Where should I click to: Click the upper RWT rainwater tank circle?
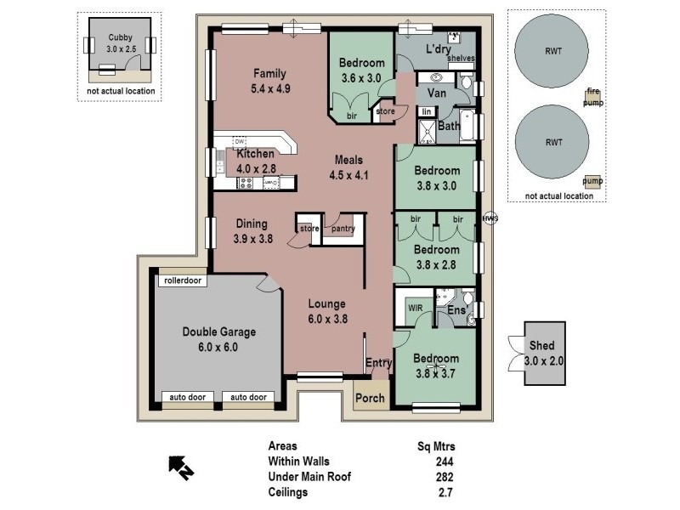pos(553,49)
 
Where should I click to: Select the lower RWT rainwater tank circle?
pos(553,143)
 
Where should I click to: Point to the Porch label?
pos(370,398)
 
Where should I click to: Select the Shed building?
pos(541,353)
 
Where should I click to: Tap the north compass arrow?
pos(179,466)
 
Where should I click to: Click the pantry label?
pos(343,228)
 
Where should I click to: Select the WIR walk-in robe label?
pos(416,307)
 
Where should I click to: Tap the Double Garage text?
pos(218,332)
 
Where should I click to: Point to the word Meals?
pos(348,160)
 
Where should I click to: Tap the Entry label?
pos(378,364)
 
